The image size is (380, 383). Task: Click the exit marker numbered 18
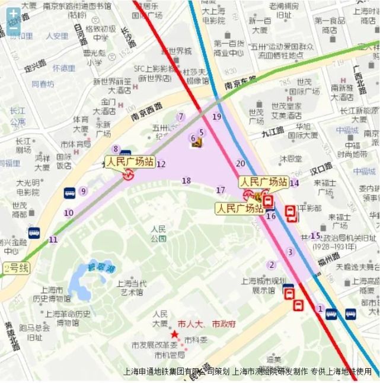click(186, 181)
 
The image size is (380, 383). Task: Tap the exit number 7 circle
click(181, 117)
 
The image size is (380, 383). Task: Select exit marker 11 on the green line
click(54, 240)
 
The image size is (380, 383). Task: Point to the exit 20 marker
click(240, 163)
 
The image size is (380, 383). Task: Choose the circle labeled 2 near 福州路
click(272, 265)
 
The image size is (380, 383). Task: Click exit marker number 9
click(83, 191)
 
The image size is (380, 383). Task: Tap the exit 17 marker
click(221, 190)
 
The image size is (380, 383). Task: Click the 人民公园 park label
click(158, 233)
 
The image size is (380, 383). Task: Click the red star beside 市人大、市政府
click(174, 335)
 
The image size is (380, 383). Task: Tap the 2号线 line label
click(16, 268)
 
